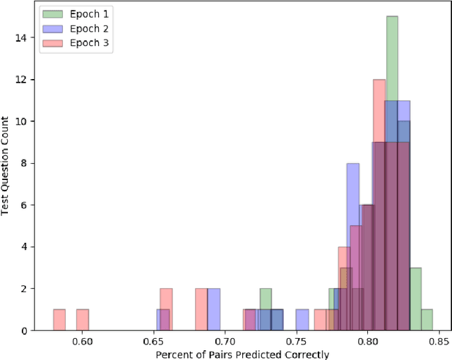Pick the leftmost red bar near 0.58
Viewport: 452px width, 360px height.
point(59,320)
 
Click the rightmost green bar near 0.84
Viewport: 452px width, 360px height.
point(427,320)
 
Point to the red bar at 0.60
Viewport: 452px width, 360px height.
point(83,320)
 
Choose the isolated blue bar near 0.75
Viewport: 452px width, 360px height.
point(302,320)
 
